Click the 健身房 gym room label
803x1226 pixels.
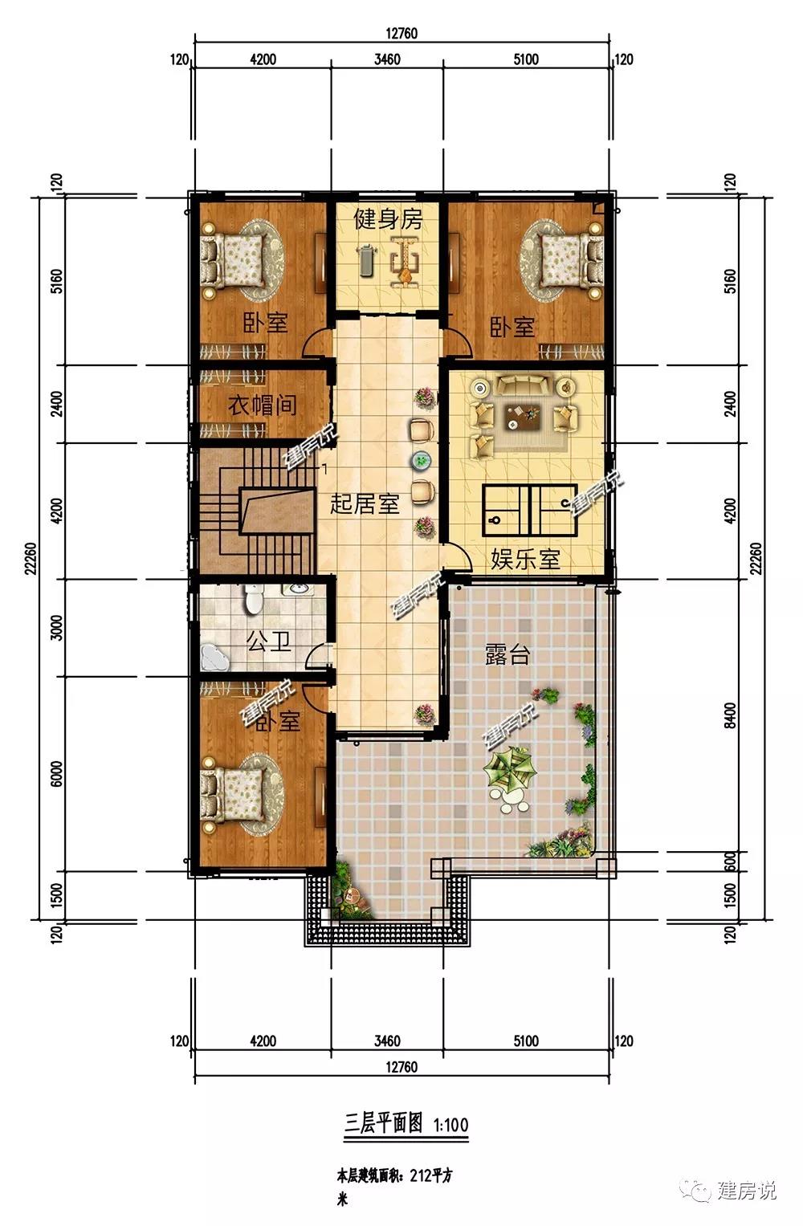point(388,219)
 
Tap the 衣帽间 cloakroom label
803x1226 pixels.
point(263,406)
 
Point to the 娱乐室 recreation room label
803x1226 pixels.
point(525,559)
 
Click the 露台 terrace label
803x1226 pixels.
point(507,654)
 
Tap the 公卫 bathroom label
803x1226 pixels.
point(268,641)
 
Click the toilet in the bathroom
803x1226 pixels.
point(254,599)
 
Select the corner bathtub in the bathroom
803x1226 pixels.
point(215,657)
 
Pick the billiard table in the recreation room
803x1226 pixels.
point(529,510)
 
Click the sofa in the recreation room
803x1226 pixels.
point(522,385)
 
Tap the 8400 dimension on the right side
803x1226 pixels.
point(730,716)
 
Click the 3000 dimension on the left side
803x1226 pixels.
point(56,628)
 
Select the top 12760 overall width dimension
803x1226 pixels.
point(401,34)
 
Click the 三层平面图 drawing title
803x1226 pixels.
point(383,1125)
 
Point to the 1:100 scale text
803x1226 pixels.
point(451,1126)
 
